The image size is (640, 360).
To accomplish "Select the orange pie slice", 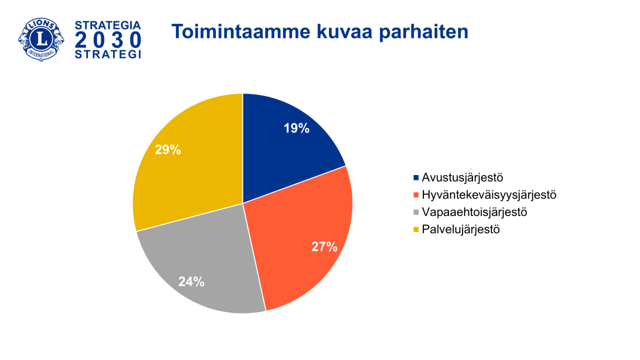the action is pyautogui.click(x=303, y=243).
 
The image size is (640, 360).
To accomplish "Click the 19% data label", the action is pyautogui.click(x=296, y=128).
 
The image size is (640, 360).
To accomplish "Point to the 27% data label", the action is pyautogui.click(x=324, y=246).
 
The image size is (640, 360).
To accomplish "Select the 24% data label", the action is pyautogui.click(x=191, y=281).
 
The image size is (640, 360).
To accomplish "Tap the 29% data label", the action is pyautogui.click(x=168, y=149).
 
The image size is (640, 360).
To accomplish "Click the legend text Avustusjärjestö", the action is pyautogui.click(x=462, y=177).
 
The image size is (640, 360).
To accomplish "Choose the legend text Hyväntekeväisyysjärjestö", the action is pyautogui.click(x=489, y=195).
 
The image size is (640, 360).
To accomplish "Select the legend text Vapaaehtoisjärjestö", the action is pyautogui.click(x=474, y=212).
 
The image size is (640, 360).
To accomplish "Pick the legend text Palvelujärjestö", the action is pyautogui.click(x=461, y=229).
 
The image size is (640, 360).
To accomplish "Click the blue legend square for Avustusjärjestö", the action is pyautogui.click(x=416, y=177).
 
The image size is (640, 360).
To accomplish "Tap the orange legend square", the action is pyautogui.click(x=416, y=195).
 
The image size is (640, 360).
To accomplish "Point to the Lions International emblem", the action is pyautogui.click(x=41, y=39).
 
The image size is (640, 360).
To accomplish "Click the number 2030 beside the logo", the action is pyautogui.click(x=108, y=40).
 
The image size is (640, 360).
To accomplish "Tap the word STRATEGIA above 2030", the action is pyautogui.click(x=108, y=25).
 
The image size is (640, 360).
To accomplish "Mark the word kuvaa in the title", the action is pyautogui.click(x=344, y=32).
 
